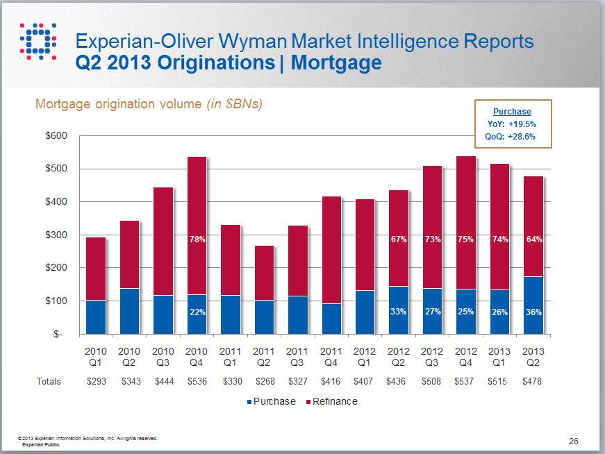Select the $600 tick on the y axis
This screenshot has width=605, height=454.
click(x=56, y=135)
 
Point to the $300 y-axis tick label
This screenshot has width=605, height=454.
click(x=56, y=235)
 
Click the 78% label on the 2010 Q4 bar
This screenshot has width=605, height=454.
click(x=197, y=239)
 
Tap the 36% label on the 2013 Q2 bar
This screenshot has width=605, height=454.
click(x=533, y=312)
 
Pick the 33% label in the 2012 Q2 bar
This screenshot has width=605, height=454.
click(x=398, y=312)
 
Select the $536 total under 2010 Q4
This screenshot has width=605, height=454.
click(x=197, y=381)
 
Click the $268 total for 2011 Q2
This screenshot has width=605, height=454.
click(x=264, y=381)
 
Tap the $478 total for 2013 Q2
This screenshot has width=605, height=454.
click(x=533, y=381)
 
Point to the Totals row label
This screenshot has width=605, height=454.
click(x=49, y=381)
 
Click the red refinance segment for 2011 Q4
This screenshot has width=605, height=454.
click(x=331, y=250)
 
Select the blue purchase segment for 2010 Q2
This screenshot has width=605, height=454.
click(x=129, y=311)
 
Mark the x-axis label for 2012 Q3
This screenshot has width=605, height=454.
click(x=432, y=356)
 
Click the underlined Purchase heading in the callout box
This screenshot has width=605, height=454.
click(x=512, y=112)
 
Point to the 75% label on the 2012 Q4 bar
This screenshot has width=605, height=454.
click(x=465, y=239)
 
